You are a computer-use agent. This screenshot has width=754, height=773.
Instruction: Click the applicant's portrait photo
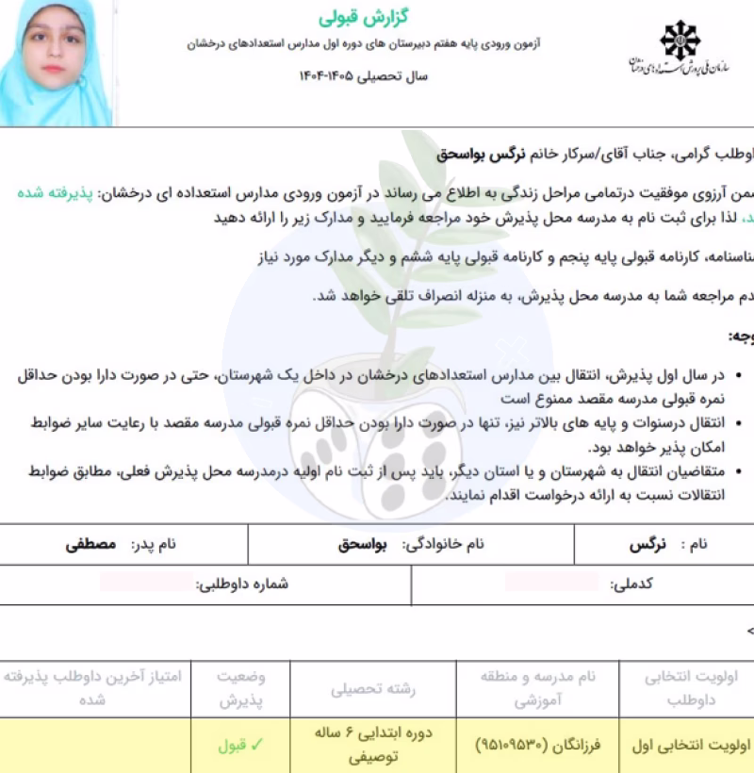coord(54,62)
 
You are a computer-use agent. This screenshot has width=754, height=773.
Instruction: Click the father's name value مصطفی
coord(90,544)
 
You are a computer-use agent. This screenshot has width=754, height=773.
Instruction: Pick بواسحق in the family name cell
coord(364,544)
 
